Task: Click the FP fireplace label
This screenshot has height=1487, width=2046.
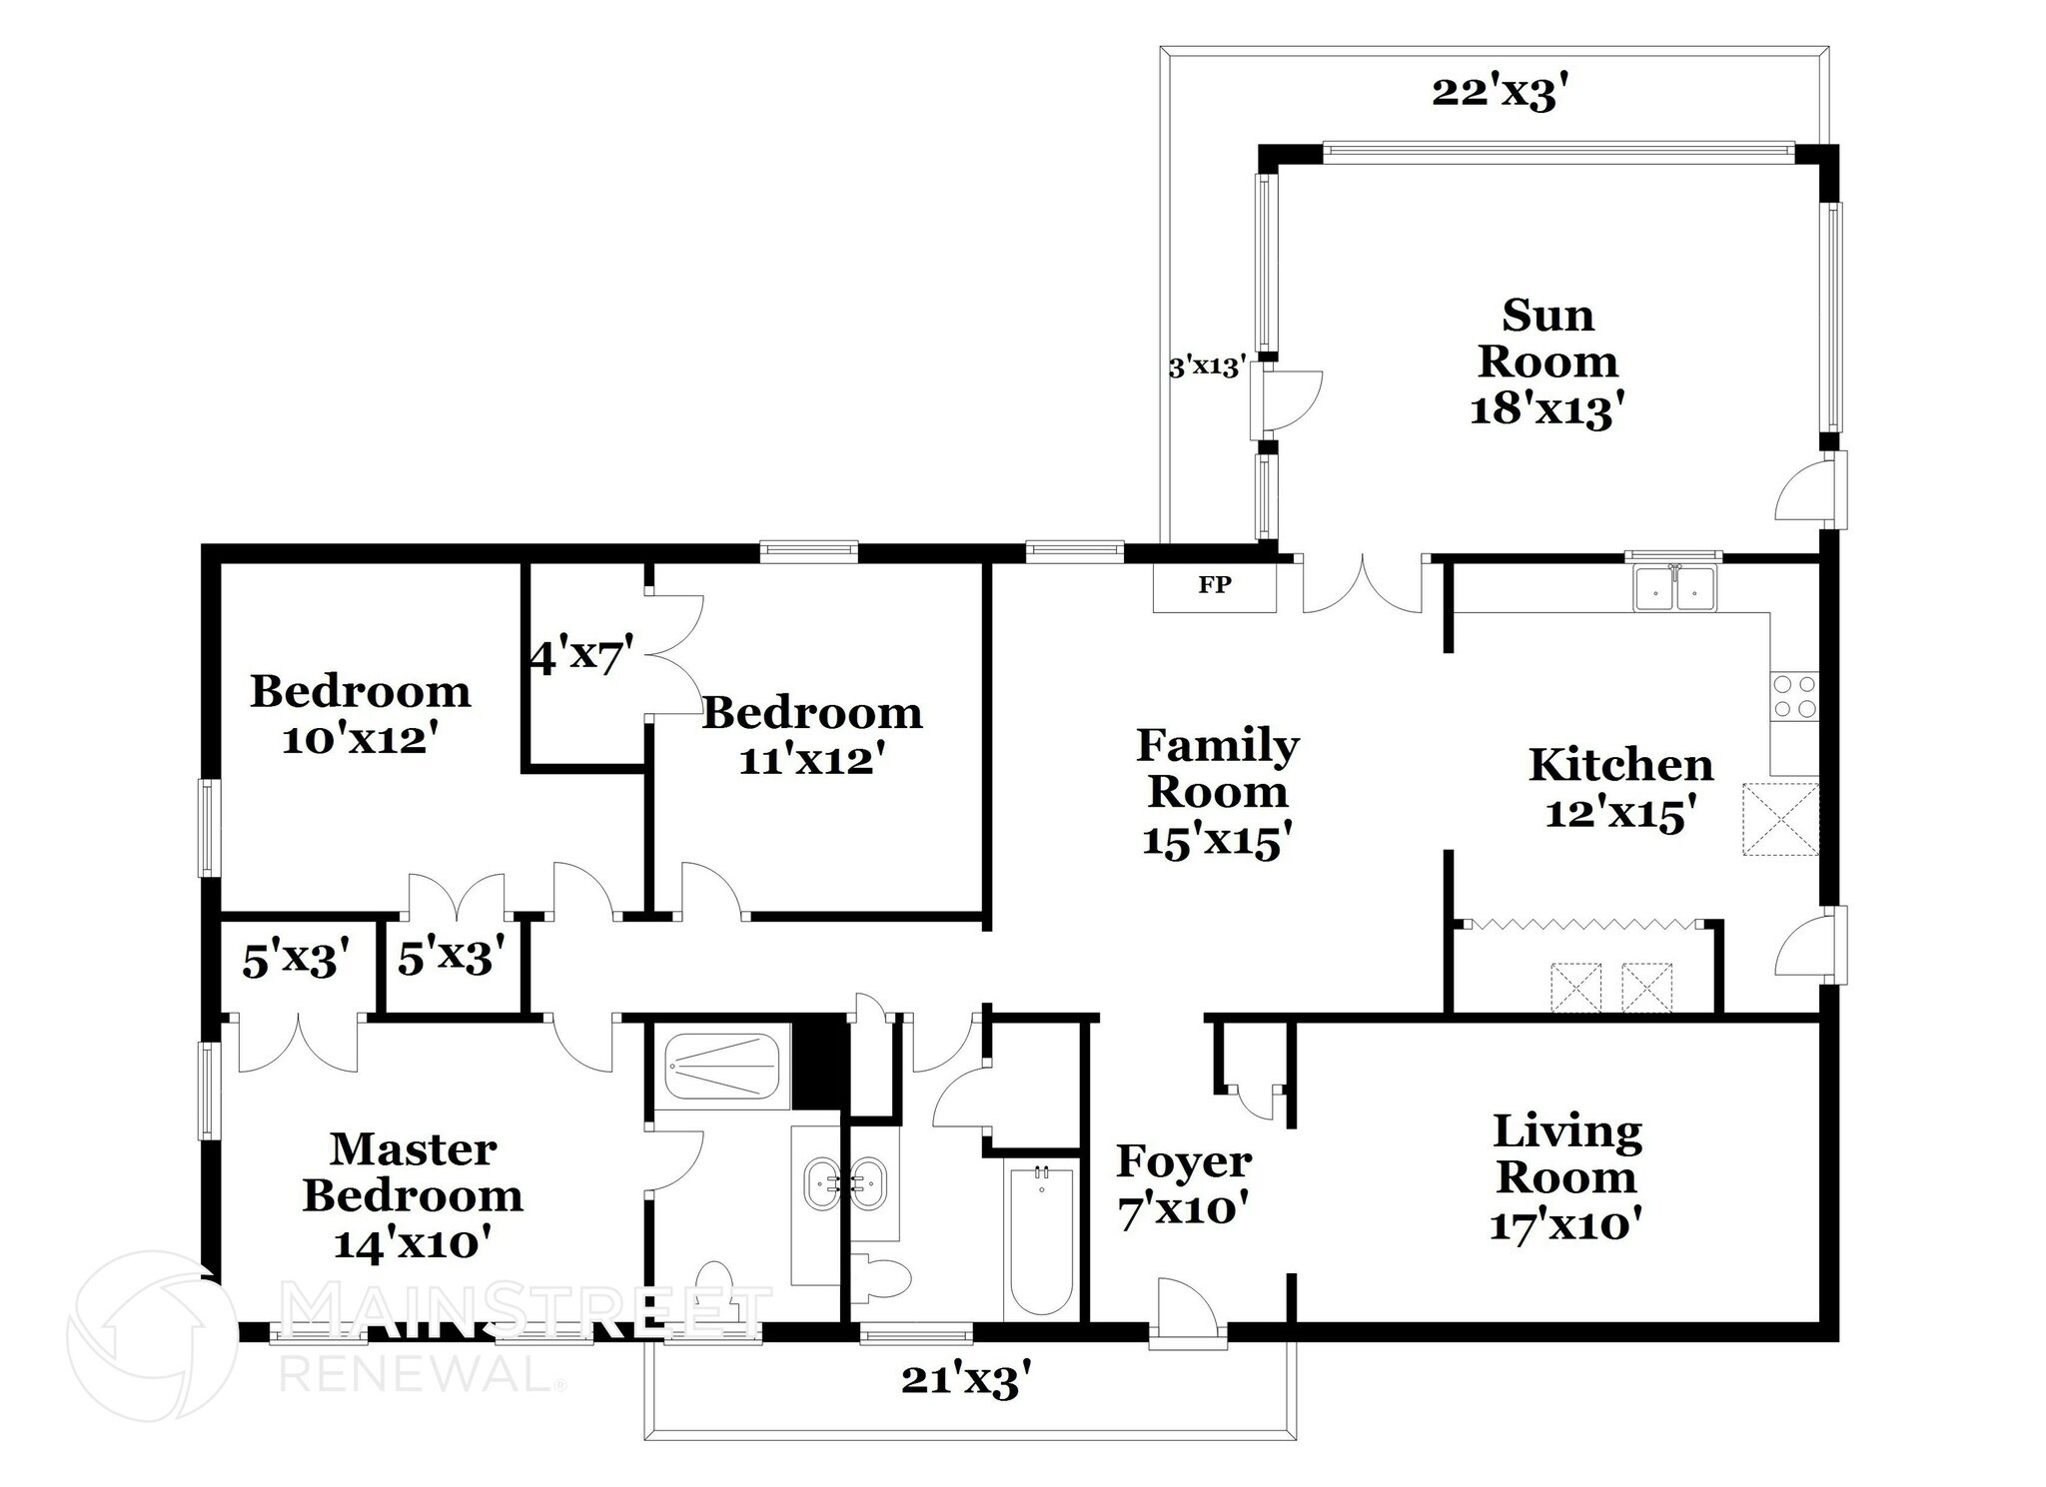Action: click(1214, 585)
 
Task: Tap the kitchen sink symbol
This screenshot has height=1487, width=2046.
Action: click(1674, 588)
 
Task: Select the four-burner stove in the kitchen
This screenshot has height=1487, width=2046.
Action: click(1794, 697)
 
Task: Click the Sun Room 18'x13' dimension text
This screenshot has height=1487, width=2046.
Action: click(1541, 410)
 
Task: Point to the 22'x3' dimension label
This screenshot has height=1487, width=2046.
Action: click(1495, 94)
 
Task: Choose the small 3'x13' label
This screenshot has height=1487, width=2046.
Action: click(1208, 368)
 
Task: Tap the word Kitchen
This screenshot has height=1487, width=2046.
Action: click(1620, 766)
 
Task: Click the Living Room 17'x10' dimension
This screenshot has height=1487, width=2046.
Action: click(1566, 1224)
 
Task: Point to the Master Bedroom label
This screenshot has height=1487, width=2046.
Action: click(413, 1172)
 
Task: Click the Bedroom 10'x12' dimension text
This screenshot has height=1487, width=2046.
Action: click(361, 740)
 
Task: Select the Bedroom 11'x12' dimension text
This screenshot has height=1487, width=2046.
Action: click(813, 761)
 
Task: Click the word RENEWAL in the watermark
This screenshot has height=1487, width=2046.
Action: click(419, 1375)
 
